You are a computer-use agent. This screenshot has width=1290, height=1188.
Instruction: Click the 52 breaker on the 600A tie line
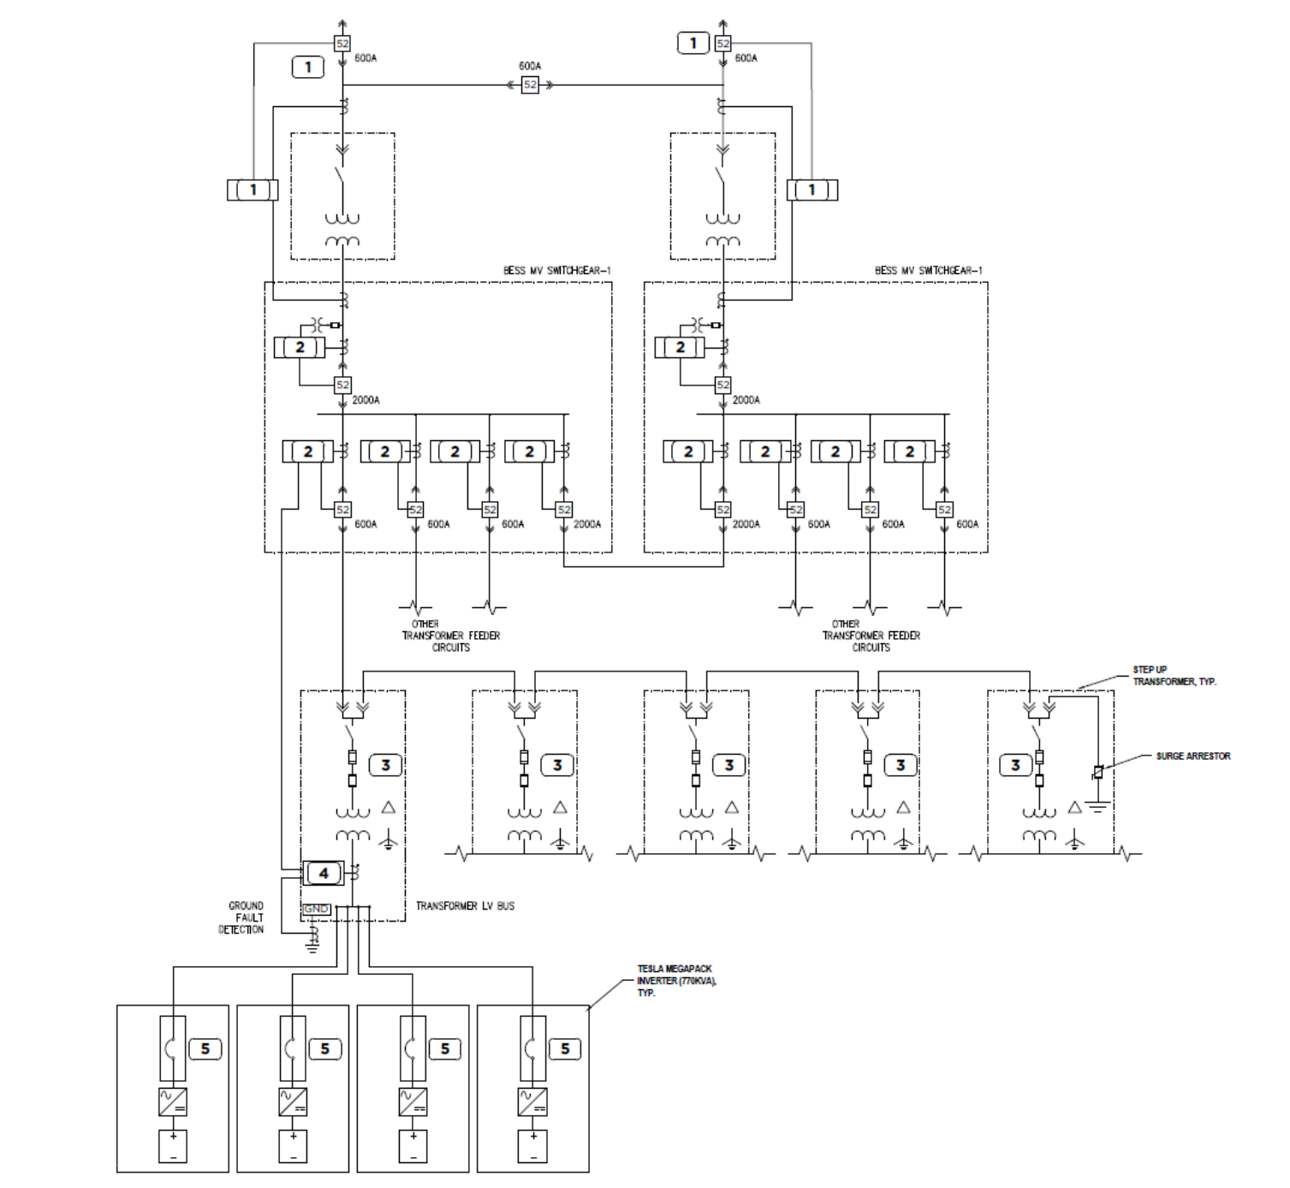[x=530, y=85]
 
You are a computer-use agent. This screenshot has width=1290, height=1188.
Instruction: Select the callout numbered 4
[x=324, y=873]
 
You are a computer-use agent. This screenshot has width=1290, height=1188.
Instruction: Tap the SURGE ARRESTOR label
[x=1192, y=756]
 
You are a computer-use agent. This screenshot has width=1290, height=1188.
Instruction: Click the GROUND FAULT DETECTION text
[x=242, y=917]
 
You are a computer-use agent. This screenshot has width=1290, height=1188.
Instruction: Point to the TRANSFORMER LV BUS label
[x=465, y=905]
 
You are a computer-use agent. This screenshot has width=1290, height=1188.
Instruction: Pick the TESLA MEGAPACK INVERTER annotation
[x=676, y=980]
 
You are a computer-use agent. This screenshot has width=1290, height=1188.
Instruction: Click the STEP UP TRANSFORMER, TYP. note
[x=1174, y=676]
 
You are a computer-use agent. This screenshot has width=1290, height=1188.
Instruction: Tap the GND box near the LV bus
[x=316, y=909]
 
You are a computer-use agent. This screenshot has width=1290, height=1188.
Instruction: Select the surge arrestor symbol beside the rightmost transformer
[x=1097, y=773]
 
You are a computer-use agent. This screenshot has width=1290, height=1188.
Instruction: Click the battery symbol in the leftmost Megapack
[x=173, y=1146]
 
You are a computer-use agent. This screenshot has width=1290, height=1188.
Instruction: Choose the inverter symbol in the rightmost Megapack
[x=532, y=1101]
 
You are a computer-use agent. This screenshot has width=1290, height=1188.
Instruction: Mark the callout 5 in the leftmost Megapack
[x=205, y=1048]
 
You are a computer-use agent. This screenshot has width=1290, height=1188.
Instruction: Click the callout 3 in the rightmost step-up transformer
[x=1015, y=765]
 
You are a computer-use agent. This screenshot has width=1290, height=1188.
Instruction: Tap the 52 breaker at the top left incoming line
[x=342, y=44]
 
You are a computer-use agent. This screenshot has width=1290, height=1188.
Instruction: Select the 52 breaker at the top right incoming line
[x=723, y=44]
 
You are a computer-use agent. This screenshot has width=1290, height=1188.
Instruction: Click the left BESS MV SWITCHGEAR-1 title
[x=556, y=271]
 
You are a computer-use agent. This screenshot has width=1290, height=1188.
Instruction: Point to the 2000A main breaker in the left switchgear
[x=342, y=385]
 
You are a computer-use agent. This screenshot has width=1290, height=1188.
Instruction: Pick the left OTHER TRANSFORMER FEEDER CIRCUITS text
[x=450, y=636]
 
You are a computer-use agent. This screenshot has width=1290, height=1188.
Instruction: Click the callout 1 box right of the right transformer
[x=811, y=189]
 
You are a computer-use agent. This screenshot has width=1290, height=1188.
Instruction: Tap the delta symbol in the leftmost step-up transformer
[x=388, y=807]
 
